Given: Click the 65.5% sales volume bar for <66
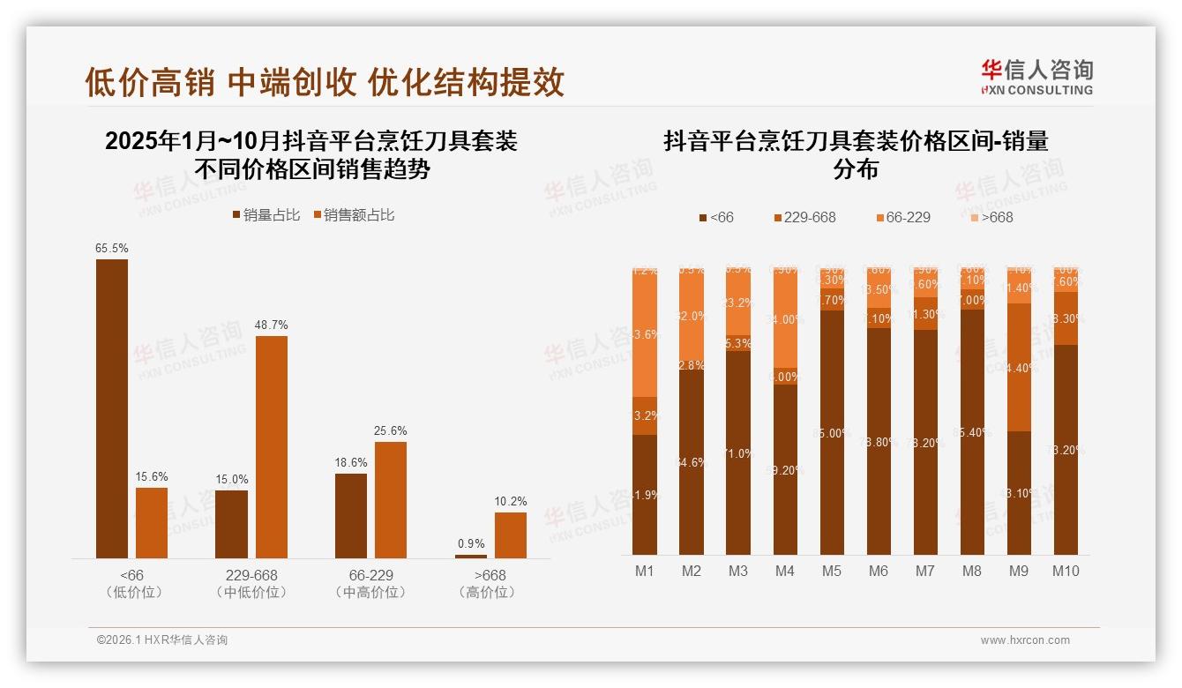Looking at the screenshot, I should [112, 408].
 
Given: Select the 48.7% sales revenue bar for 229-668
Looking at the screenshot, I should [272, 446].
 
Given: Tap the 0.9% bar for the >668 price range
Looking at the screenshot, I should [471, 556].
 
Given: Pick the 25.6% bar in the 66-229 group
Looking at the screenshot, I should [391, 499].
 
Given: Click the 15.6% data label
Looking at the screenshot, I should [152, 477].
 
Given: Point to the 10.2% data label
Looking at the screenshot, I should [511, 501].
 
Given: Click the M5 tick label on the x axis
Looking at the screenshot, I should [832, 571].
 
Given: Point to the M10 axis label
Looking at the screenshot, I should [1066, 571].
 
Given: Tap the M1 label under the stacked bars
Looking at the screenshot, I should [645, 571].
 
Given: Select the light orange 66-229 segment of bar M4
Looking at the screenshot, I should [785, 318].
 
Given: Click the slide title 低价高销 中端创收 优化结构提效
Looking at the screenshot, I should [325, 82].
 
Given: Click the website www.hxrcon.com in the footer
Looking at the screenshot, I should [1025, 640].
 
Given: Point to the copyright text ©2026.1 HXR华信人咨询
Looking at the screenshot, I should [162, 640].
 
